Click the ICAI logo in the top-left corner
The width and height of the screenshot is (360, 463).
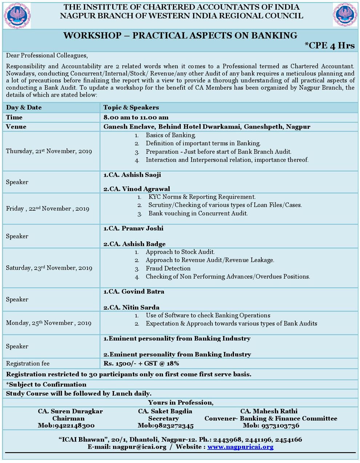pyautogui.click(x=17, y=15)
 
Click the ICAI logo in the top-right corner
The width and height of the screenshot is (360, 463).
pyautogui.click(x=345, y=14)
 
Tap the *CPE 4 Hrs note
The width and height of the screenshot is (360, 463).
pyautogui.click(x=329, y=45)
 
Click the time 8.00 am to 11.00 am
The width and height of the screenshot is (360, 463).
pyautogui.click(x=136, y=117)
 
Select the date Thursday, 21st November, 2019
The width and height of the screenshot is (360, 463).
pyautogui.click(x=49, y=151)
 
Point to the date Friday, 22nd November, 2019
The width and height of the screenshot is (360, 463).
pyautogui.click(x=47, y=209)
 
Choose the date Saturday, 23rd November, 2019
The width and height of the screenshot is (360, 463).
pyautogui.click(x=49, y=268)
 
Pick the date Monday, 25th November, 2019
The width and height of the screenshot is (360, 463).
pyautogui.click(x=48, y=323)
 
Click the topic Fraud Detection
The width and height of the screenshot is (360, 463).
pyautogui.click(x=168, y=268)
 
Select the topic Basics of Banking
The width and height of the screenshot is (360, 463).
pyautogui.click(x=171, y=135)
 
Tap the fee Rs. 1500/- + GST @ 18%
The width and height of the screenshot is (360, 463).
pyautogui.click(x=141, y=363)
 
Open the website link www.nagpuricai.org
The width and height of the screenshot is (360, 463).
pyautogui.click(x=240, y=447)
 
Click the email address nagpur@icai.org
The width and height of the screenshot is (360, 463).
pyautogui.click(x=139, y=447)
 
